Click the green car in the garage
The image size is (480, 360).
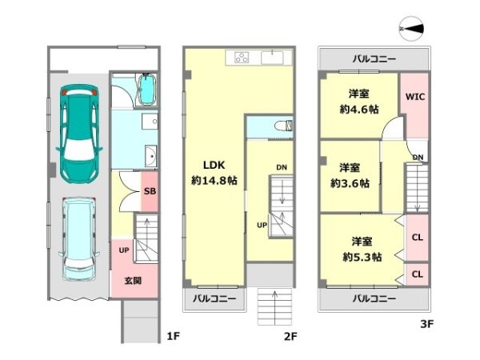tap(79, 134)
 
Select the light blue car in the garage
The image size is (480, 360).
tap(79, 238)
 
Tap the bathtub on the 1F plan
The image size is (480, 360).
tap(147, 90)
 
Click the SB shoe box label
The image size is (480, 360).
tap(150, 191)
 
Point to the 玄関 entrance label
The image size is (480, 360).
tap(133, 281)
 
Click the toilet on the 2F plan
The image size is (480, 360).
tap(283, 126)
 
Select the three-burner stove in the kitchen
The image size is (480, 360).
tap(242, 58)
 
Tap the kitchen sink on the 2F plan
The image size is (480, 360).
tap(272, 58)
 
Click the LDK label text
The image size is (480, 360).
tap(214, 165)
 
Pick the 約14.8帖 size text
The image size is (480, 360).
tap(214, 180)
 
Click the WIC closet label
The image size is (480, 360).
tap(415, 97)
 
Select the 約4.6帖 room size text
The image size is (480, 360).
tap(359, 109)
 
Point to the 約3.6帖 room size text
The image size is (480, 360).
tap(350, 183)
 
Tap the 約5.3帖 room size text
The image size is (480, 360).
tap(362, 257)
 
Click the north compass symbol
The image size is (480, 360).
tap(411, 29)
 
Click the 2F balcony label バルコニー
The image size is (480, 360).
tap(214, 298)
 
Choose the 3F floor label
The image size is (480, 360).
tap(426, 323)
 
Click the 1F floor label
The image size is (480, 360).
tap(173, 336)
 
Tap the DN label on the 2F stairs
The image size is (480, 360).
tap(282, 167)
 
